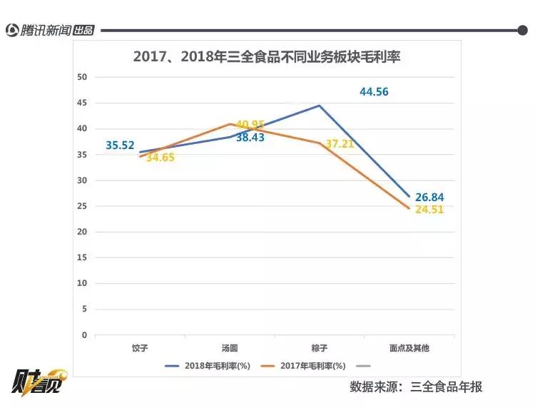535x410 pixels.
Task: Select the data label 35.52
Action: pos(120,145)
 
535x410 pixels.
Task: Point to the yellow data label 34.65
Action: pos(160,158)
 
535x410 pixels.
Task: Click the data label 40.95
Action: pos(250,125)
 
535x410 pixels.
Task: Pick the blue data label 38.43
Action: pos(250,138)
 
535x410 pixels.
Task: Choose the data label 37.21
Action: pos(340,144)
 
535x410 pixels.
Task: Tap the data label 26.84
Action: pos(429,197)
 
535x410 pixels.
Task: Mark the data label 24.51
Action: pos(429,210)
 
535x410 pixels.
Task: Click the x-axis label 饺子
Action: pos(140,349)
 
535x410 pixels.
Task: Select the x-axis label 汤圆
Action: pos(230,349)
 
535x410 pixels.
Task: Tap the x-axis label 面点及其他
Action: pos(409,349)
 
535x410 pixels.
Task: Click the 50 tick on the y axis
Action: pos(82,77)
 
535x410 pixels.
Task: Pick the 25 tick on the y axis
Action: pos(82,206)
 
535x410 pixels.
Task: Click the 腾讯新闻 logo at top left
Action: pos(50,30)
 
